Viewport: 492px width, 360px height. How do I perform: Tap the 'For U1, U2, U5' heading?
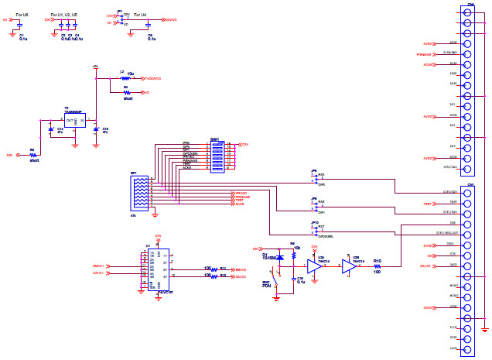click(63, 13)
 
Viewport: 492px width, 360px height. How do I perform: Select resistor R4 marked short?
click(127, 92)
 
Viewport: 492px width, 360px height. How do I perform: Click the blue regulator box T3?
click(74, 121)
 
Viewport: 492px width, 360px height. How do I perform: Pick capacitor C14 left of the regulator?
click(50, 129)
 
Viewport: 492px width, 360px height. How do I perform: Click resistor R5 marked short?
click(32, 155)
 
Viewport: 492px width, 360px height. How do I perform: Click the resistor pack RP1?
click(140, 193)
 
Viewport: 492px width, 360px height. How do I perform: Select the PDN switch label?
click(266, 286)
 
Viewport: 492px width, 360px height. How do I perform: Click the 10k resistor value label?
click(296, 249)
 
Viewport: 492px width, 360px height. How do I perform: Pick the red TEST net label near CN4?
click(427, 204)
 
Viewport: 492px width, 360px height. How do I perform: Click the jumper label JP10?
click(314, 223)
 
